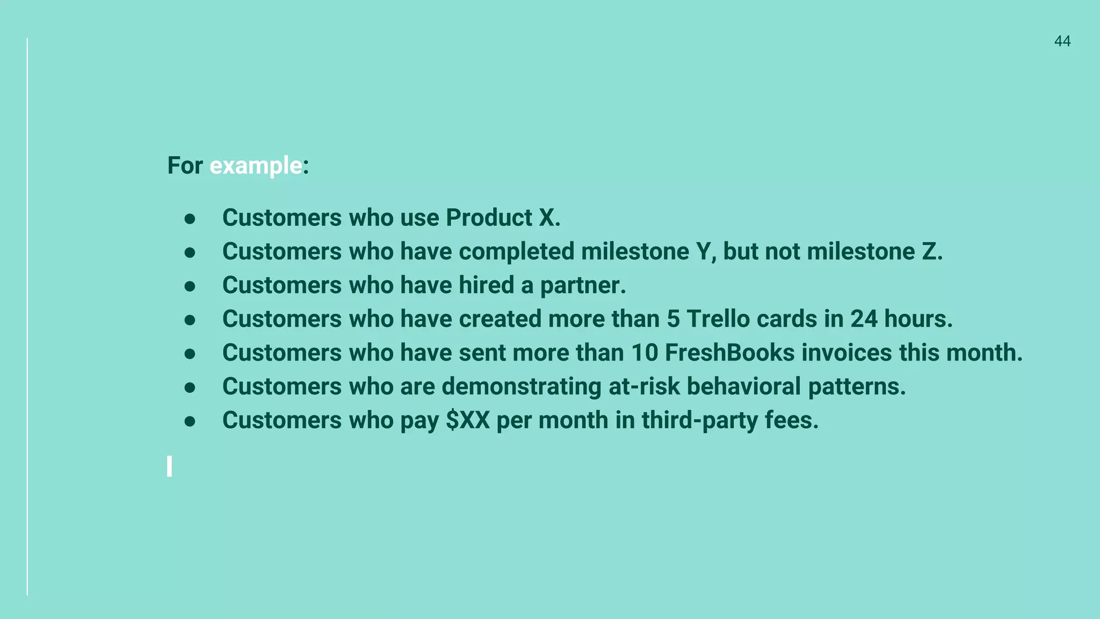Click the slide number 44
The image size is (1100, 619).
[x=1062, y=41]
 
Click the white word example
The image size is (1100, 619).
[x=256, y=165]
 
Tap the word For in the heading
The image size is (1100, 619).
[x=185, y=165]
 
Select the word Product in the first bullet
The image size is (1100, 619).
[x=489, y=218]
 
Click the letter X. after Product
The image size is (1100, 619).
[x=549, y=218]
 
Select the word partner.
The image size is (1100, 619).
[x=583, y=286]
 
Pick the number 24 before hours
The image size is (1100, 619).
[x=864, y=319]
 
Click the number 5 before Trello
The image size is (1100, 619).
[x=673, y=319]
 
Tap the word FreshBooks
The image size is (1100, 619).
[x=729, y=353]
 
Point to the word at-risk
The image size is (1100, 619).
[x=644, y=386]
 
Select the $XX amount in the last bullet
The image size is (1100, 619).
[x=468, y=420]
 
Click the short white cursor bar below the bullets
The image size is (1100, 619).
[x=170, y=466]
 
